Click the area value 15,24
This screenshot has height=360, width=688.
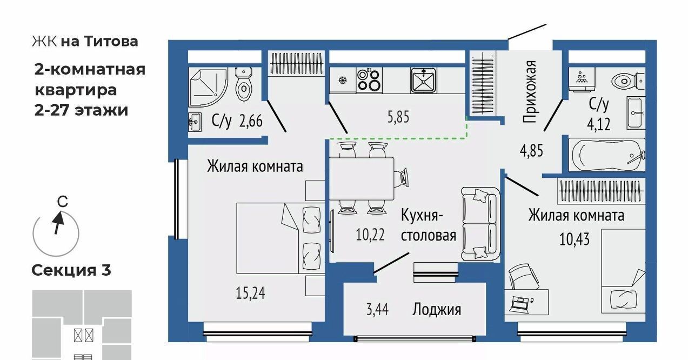[x=251, y=294]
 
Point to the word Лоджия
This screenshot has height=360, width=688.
[x=437, y=309]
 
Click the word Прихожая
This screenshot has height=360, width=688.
[x=530, y=92]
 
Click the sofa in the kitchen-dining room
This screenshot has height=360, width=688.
[x=479, y=223]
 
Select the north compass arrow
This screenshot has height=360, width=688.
[x=58, y=222]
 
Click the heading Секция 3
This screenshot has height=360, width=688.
[x=71, y=270]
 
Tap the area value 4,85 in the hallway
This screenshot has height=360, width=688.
[x=531, y=150]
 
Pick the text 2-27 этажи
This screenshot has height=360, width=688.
[x=82, y=110]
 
